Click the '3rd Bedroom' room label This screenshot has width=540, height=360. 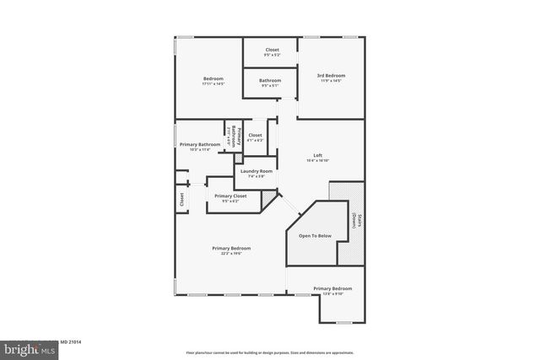coord(331,76)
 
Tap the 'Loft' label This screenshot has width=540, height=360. coord(318,155)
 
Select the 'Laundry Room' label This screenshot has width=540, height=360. coord(256,171)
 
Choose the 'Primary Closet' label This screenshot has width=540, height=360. coord(230,196)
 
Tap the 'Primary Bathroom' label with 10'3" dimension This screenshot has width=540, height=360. coord(199,144)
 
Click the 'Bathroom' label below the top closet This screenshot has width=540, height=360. coord(271,81)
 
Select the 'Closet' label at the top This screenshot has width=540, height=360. coord(272,50)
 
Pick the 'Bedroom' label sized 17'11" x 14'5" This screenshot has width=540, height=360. coord(212,79)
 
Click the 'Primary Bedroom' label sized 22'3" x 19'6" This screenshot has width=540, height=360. coord(230,248)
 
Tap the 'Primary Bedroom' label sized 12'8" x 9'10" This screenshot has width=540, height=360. coord(332,288)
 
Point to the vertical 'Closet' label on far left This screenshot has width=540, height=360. coord(181,199)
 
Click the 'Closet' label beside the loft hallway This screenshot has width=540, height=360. coord(255,135)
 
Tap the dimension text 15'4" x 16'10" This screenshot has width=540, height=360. coord(318,160)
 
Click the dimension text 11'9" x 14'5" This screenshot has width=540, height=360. coord(331,81)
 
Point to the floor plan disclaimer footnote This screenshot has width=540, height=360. coord(270,352)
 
